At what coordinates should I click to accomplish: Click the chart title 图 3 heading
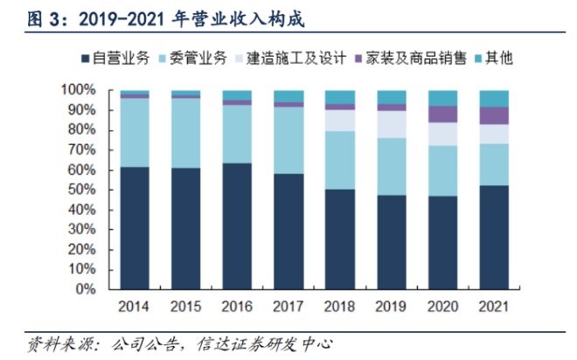pos(166,18)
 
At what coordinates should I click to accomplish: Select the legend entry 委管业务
pos(192,59)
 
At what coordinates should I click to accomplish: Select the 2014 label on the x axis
pos(135,307)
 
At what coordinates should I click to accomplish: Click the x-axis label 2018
pos(340,307)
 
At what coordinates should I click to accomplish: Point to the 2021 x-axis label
pos(494,307)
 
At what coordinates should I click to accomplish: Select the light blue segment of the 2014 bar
pos(135,132)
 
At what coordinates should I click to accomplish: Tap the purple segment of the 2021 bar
pos(494,115)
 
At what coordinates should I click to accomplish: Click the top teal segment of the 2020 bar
pos(443,98)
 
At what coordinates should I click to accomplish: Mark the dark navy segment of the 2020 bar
pos(443,242)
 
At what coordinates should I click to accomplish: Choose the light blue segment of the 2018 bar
pos(340,160)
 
